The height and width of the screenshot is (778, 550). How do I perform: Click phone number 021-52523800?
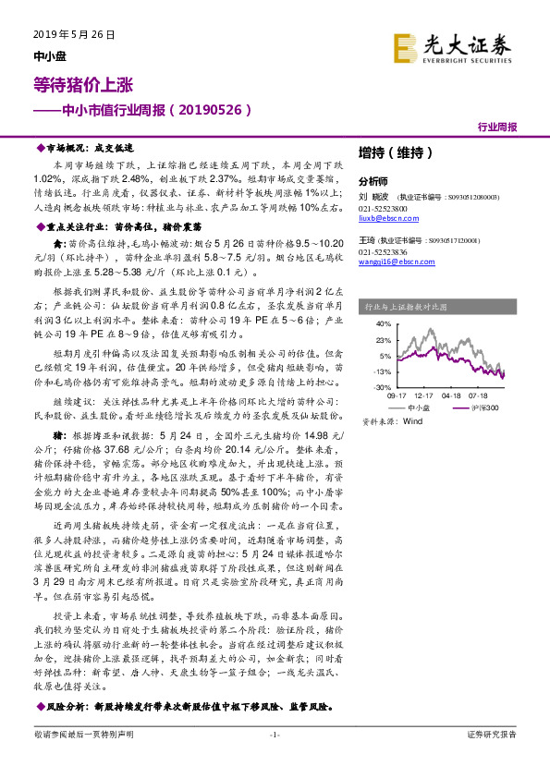click(x=380, y=206)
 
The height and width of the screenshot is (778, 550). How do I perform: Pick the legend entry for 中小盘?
click(x=418, y=407)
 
